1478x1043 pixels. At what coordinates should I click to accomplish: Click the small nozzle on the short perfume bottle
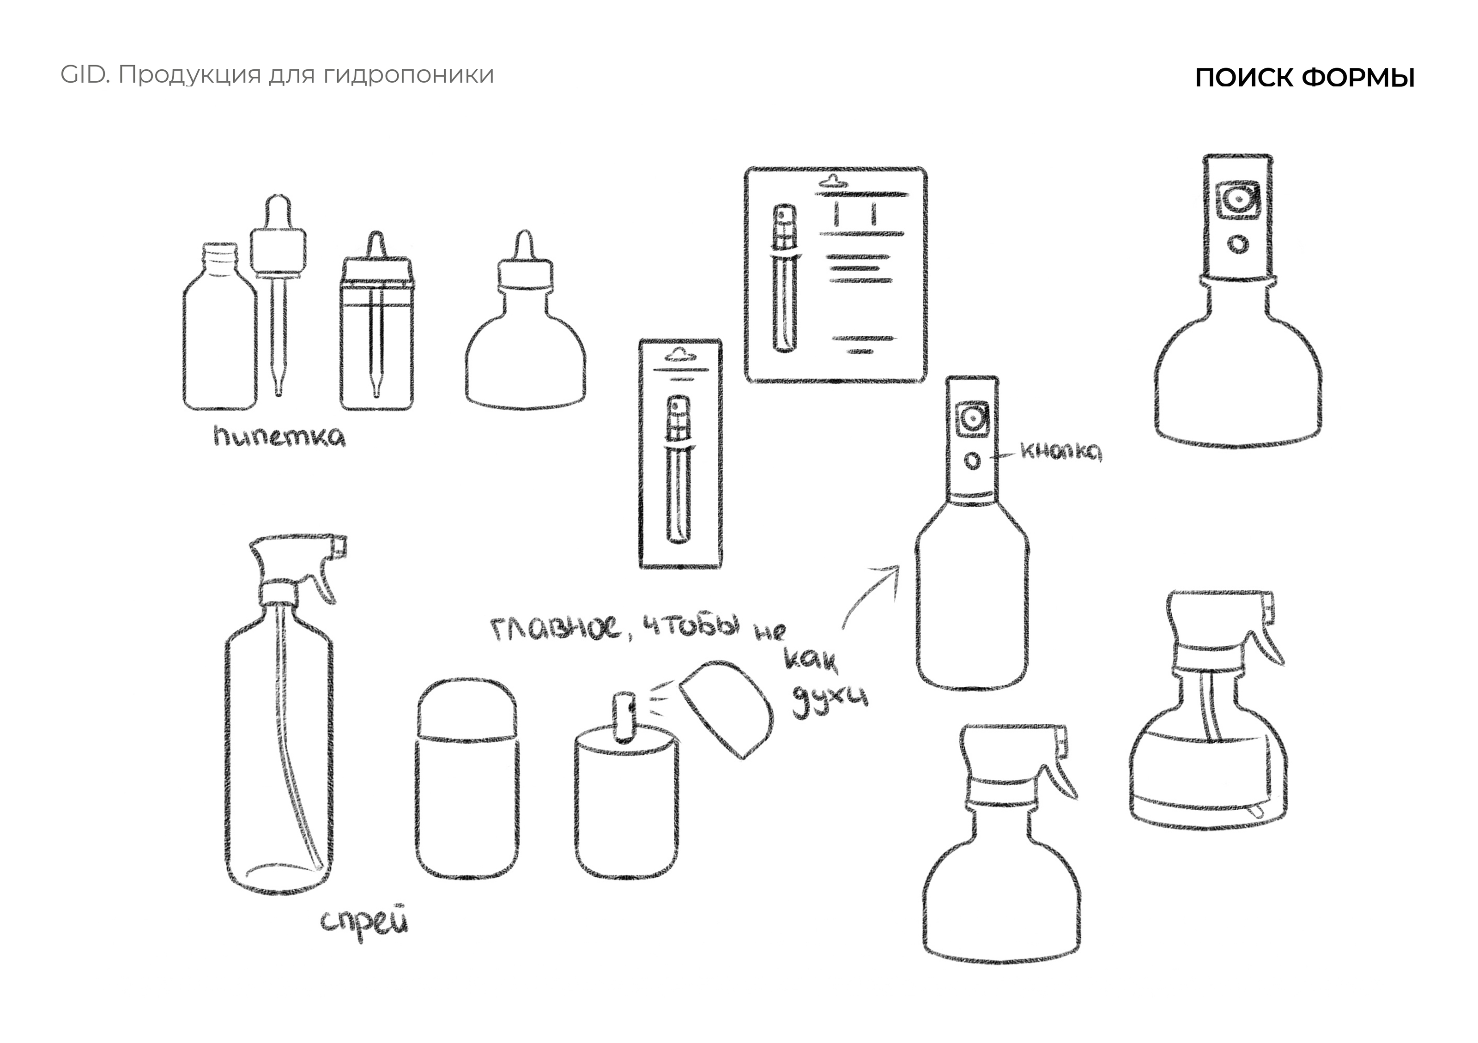tap(624, 716)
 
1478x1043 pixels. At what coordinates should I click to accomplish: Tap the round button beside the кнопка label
tap(973, 461)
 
